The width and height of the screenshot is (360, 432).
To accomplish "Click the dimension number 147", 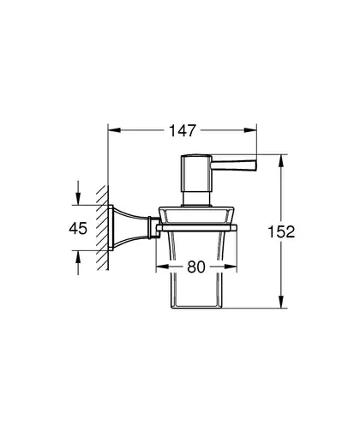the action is pyautogui.click(x=183, y=130).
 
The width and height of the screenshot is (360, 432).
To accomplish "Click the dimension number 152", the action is pyautogui.click(x=281, y=231).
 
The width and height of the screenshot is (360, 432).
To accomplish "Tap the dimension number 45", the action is pyautogui.click(x=78, y=228).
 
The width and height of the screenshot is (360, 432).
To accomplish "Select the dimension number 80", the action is pyautogui.click(x=196, y=267).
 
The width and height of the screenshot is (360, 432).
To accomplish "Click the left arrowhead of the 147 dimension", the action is pyautogui.click(x=114, y=130).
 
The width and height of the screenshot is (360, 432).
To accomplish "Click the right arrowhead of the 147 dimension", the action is pyautogui.click(x=250, y=130).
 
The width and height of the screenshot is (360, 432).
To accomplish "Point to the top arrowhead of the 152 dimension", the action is pyautogui.click(x=281, y=160).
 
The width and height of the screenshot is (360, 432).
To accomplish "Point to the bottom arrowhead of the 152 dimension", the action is pyautogui.click(x=281, y=302).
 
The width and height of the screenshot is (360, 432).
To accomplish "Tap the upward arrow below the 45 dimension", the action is pyautogui.click(x=78, y=263).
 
